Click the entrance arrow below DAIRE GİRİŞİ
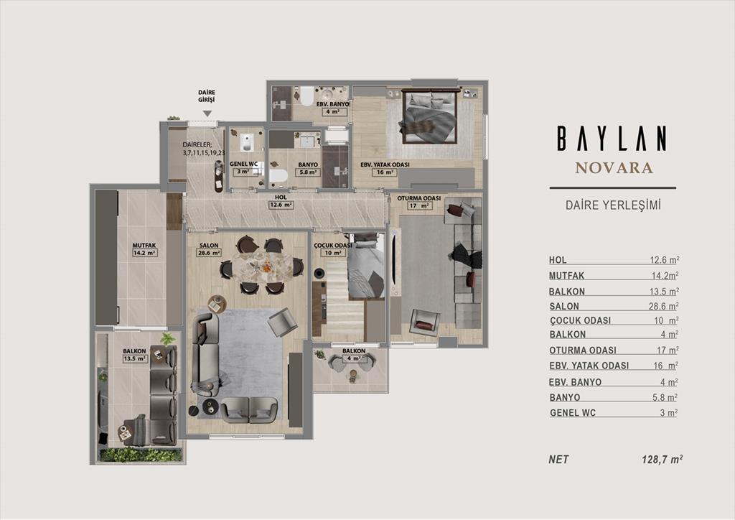tap(207, 113)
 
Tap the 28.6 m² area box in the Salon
tap(209, 253)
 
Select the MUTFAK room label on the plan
tap(144, 245)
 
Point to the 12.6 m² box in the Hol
tap(281, 205)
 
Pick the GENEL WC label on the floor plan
tap(244, 164)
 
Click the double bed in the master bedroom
tap(429, 117)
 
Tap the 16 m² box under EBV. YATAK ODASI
tap(385, 172)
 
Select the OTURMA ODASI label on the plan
tap(419, 198)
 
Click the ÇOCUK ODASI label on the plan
tap(333, 246)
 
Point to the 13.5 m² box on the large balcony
tap(134, 358)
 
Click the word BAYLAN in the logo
tap(612, 139)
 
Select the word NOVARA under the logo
tap(614, 168)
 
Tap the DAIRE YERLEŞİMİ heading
tap(613, 205)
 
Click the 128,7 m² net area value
tap(662, 460)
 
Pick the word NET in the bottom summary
tap(558, 460)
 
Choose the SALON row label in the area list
tap(564, 306)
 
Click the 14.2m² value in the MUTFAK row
tap(664, 276)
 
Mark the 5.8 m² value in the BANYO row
tap(665, 398)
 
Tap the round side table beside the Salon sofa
tap(217, 305)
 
